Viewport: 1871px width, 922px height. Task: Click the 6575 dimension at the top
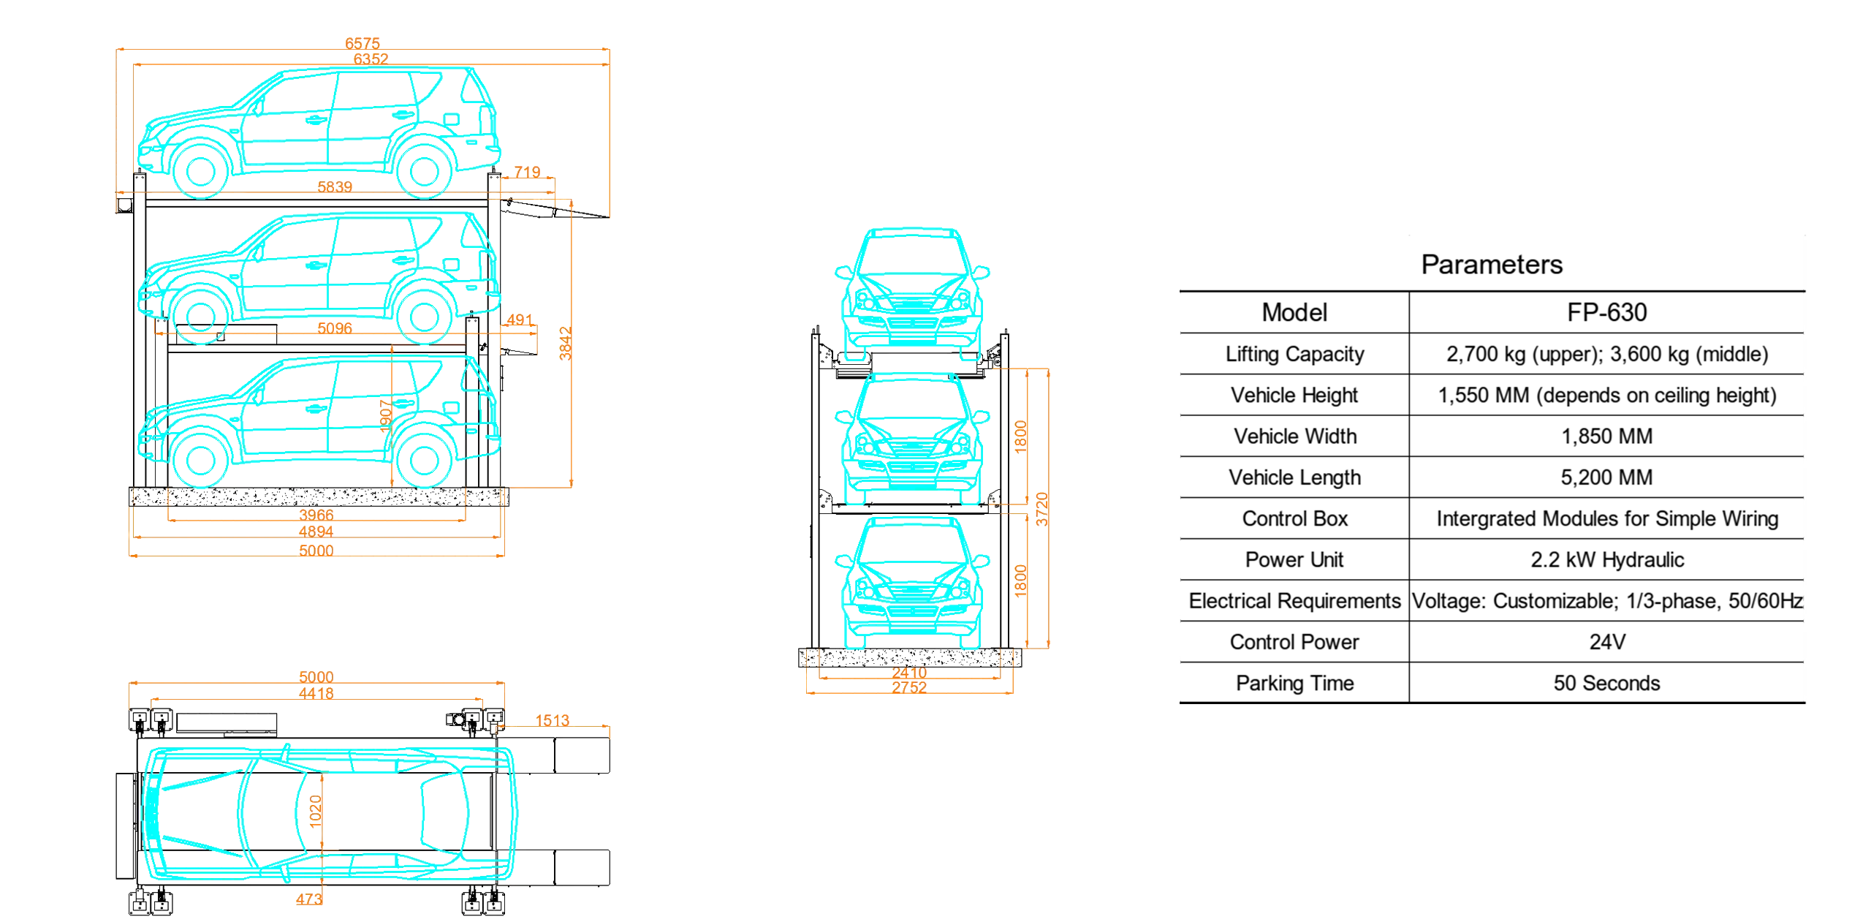[x=363, y=44]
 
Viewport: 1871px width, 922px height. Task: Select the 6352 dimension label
[x=371, y=59]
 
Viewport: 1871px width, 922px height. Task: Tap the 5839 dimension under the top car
[x=335, y=187]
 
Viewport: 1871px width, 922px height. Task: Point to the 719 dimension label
[x=527, y=172]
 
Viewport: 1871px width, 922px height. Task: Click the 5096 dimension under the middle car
[x=335, y=328]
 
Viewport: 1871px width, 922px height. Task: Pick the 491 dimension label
[x=520, y=320]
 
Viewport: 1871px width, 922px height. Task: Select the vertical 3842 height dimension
[x=565, y=344]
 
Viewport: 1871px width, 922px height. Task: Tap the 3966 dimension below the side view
[x=316, y=515]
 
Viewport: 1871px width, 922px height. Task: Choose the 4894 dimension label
[x=316, y=532]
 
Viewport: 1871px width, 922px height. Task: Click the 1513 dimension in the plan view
[x=553, y=720]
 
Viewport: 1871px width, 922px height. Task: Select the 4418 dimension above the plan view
[x=316, y=693]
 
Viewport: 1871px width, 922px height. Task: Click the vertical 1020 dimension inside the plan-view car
[x=316, y=812]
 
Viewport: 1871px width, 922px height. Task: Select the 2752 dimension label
[x=909, y=688]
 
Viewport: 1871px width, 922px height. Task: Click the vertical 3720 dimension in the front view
[x=1043, y=509]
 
